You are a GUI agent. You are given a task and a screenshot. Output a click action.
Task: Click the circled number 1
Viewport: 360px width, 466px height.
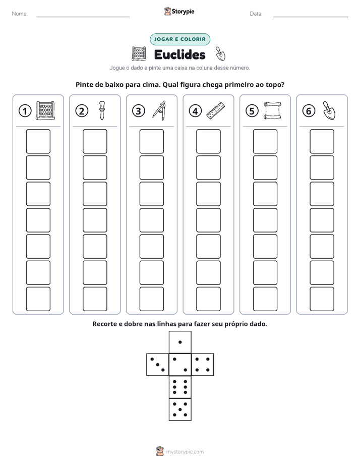[25, 111]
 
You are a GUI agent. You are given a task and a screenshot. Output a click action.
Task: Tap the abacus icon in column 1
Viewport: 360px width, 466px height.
[45, 110]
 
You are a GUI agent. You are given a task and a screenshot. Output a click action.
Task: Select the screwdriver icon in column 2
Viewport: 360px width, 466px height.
[102, 110]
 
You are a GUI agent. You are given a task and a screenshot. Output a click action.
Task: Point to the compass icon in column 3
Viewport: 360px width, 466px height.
[159, 110]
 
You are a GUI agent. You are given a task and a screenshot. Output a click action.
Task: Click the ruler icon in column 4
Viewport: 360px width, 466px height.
[216, 110]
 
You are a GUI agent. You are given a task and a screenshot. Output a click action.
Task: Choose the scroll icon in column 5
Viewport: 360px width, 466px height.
[272, 110]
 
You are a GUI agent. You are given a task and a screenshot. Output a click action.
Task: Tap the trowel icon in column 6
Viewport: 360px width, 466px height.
[329, 110]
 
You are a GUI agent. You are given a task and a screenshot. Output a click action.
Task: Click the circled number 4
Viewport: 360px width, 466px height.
[195, 111]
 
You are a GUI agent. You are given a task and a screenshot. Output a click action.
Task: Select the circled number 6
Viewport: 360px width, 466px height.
[309, 111]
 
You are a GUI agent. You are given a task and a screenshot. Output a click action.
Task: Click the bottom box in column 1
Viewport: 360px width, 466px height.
[38, 299]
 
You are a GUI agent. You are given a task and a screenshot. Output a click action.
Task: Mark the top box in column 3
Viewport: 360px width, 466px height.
[151, 141]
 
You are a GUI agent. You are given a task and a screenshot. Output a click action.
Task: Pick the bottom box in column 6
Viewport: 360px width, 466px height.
[322, 299]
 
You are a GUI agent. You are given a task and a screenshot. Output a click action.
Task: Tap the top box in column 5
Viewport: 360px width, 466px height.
[265, 141]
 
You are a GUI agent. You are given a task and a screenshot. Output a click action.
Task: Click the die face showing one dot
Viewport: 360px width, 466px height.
[180, 342]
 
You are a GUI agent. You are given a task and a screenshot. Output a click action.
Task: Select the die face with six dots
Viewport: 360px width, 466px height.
[180, 387]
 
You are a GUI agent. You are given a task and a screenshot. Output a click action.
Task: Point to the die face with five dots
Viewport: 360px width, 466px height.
[180, 410]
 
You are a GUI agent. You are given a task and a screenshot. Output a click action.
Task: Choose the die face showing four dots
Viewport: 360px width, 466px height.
[203, 364]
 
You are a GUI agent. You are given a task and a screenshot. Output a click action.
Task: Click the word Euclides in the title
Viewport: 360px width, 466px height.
[179, 54]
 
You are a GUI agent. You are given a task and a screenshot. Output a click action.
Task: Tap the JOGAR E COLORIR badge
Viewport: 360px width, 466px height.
[180, 39]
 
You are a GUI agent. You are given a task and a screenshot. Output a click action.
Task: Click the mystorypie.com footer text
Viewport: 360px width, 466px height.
[185, 452]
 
